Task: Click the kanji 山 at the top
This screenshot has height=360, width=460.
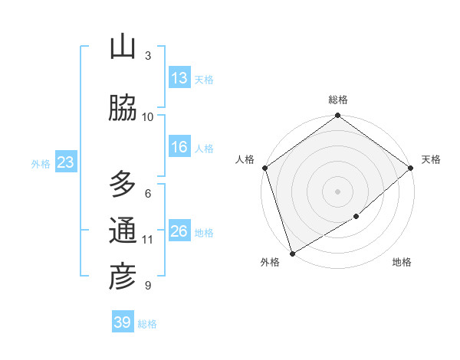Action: coord(123,47)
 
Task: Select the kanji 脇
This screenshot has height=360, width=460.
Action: coord(123,109)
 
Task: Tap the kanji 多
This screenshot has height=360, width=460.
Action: coord(123,185)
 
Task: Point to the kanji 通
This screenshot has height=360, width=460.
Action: coord(123,231)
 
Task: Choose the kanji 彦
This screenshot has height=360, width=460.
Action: coord(123,277)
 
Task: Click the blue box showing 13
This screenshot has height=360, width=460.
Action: coord(179,78)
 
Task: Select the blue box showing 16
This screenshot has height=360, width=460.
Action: coord(179,147)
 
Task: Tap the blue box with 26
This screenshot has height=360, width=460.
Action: coord(179,231)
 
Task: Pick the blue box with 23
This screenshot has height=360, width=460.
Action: coord(65,162)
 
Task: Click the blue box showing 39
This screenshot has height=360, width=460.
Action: coord(122,322)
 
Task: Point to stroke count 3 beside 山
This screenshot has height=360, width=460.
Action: coord(148,56)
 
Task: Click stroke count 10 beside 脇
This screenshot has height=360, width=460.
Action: coord(148,117)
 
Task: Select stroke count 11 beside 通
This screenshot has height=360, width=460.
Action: coord(148,240)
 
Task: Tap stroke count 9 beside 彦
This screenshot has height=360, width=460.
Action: coord(148,286)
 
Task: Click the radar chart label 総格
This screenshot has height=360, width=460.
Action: coord(338,100)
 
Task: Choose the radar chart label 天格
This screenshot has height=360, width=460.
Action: coord(431,159)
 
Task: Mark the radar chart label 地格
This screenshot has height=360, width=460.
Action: coord(402,262)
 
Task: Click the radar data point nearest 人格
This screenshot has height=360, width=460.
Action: coord(264,168)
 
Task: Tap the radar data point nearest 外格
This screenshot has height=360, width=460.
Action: coord(291,253)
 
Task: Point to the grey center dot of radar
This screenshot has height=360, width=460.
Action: coord(337,191)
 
